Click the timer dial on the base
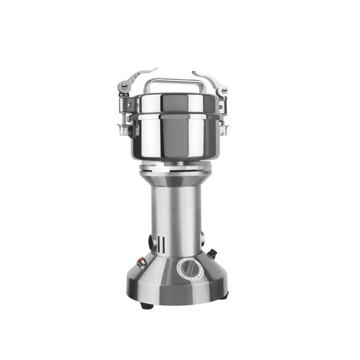[x=190, y=270]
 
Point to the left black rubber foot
[x=146, y=305]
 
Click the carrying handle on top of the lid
[x=175, y=83]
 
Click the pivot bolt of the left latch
[x=124, y=86]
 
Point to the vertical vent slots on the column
[x=160, y=242]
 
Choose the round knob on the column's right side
[x=203, y=236]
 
